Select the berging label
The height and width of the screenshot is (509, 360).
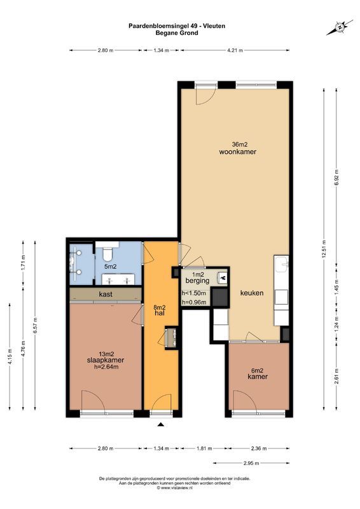pyautogui.click(x=197, y=280)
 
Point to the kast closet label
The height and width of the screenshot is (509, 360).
pyautogui.click(x=106, y=294)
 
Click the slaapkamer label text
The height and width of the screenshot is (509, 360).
pyautogui.click(x=106, y=360)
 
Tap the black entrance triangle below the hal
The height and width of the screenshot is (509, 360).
pyautogui.click(x=161, y=424)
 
